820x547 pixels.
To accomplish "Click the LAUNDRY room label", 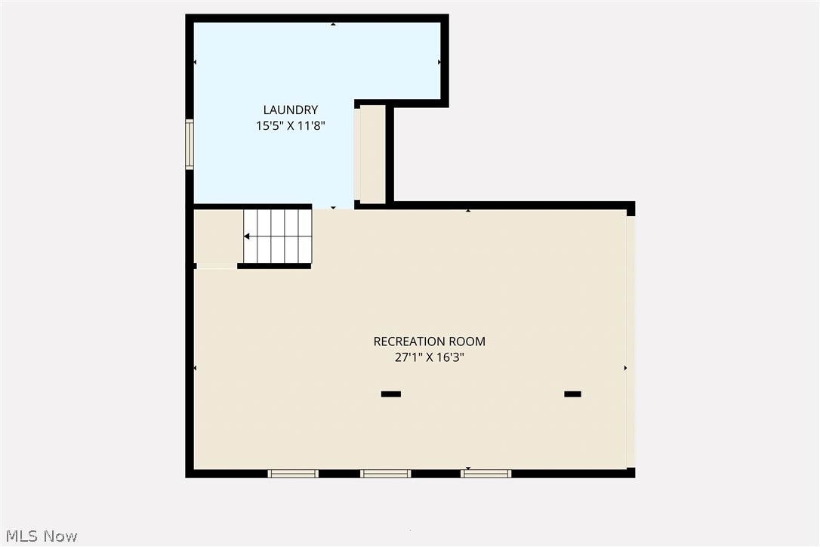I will (290, 110).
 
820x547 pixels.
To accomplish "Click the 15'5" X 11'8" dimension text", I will (290, 126).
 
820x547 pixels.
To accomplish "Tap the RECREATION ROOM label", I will (429, 341).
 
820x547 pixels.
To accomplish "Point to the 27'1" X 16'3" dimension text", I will (429, 357).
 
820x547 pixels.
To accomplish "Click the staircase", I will (277, 236).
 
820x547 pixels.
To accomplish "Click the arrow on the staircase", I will (247, 236).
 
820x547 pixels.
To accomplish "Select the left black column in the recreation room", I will (390, 394).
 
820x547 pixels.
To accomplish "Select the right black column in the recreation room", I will (572, 394).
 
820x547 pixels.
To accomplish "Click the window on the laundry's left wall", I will (190, 144).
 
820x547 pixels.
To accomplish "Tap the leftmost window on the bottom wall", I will (293, 474).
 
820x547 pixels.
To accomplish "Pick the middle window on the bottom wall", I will (385, 474).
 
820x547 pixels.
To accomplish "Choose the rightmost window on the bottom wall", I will (486, 474).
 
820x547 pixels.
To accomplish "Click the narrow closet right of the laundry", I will (372, 154).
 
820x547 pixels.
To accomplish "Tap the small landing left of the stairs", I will (217, 236).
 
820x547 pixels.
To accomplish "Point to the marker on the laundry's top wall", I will (333, 24).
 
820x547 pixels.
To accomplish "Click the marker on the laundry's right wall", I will (439, 62).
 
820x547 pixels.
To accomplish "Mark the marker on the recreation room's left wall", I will (196, 368).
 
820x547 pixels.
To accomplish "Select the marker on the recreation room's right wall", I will (624, 368).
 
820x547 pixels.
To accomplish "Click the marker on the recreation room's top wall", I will (468, 211).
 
